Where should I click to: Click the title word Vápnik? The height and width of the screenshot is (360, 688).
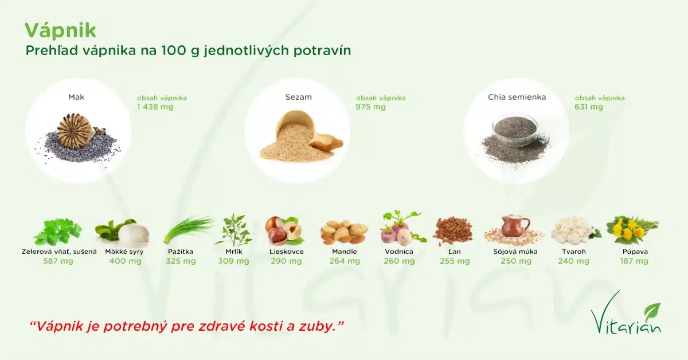pos(60,30)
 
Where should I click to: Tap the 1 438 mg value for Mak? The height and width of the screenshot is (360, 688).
pos(155,107)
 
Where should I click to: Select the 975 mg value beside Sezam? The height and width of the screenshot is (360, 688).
pos(370,107)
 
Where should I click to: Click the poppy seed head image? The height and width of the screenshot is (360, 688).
pos(74,131)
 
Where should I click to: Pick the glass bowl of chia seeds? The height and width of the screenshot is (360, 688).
pos(515,132)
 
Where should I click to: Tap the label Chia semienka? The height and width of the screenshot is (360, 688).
pos(517,97)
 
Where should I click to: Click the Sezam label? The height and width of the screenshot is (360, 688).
pos(299,97)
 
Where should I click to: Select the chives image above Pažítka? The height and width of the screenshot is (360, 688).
pos(188,229)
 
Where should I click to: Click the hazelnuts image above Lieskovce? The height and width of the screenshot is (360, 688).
pos(284,230)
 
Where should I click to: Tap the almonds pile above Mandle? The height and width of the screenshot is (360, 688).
pos(345,233)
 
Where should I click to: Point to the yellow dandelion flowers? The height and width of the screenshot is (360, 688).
pos(632,230)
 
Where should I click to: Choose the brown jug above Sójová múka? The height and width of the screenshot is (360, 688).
pos(515,226)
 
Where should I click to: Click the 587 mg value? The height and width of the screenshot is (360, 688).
pos(58,261)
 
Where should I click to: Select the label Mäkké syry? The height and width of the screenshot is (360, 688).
pos(124,252)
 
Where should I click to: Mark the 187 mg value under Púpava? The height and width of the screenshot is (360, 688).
pos(634,261)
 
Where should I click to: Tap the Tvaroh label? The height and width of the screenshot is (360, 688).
pos(574,252)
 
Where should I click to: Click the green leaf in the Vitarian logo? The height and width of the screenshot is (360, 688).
pos(652,311)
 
